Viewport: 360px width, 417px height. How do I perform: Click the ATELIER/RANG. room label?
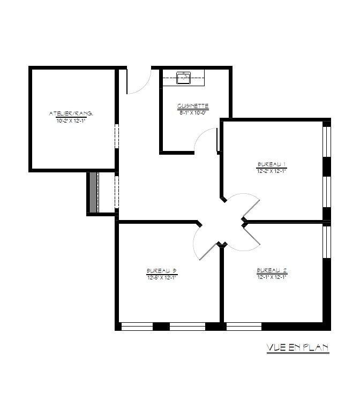(x=71, y=113)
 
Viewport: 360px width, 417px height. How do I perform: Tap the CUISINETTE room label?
(x=193, y=105)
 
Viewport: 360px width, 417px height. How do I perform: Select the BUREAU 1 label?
(x=272, y=164)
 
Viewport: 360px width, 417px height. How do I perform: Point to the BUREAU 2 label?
(x=272, y=270)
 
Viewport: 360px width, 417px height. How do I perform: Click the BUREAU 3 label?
(x=161, y=270)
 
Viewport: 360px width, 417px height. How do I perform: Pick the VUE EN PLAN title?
(x=297, y=348)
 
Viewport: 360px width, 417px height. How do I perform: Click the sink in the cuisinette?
(x=184, y=78)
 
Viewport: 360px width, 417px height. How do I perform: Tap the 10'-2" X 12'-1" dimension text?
(x=71, y=121)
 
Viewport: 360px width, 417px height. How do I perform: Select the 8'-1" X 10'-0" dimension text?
(x=193, y=112)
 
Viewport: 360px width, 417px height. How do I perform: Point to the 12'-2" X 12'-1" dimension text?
(x=272, y=171)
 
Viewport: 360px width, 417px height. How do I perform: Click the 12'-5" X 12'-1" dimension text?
(x=161, y=277)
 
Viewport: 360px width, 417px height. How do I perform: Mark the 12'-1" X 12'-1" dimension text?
(x=272, y=277)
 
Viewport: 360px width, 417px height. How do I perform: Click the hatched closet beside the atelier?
(x=94, y=193)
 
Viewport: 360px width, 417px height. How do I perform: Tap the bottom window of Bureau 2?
(x=244, y=326)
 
